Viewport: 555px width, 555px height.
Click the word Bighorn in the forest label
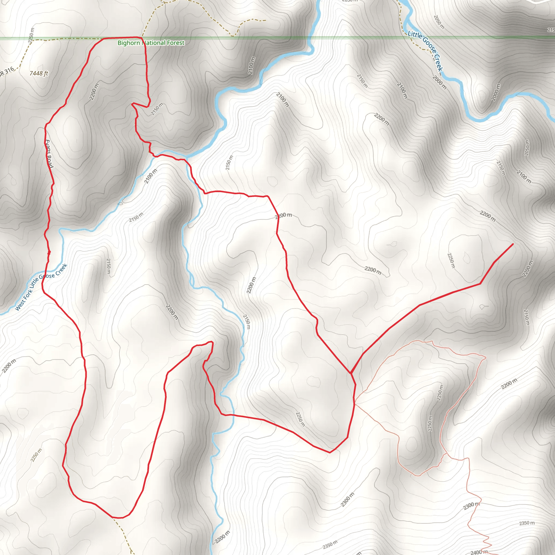click(129, 43)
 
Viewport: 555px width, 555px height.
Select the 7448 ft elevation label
click(39, 73)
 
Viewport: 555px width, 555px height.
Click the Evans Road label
click(49, 154)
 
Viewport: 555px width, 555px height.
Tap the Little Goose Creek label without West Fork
click(425, 51)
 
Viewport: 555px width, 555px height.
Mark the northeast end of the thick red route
click(513, 244)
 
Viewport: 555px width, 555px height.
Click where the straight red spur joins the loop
click(351, 373)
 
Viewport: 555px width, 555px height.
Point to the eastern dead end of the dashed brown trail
click(265, 20)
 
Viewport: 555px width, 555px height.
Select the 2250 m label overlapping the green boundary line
click(31, 36)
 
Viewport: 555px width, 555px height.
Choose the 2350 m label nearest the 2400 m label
click(527, 523)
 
